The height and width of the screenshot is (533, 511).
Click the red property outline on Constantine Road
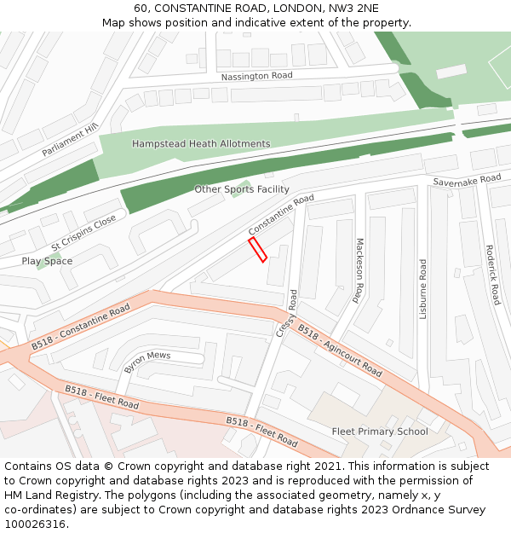click(x=257, y=250)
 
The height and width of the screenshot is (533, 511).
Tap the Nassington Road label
click(x=256, y=76)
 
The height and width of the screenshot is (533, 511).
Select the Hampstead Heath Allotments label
click(x=201, y=144)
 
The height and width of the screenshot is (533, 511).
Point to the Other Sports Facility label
click(x=242, y=189)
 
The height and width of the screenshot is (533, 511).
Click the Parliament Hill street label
click(x=71, y=140)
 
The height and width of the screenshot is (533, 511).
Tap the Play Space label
click(x=47, y=261)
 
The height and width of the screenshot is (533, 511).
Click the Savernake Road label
click(x=467, y=180)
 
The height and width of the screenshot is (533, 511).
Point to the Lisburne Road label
click(x=423, y=289)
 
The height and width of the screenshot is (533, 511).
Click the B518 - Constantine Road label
click(x=81, y=327)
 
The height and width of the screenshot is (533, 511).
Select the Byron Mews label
click(x=147, y=362)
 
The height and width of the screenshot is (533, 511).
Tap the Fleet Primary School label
click(x=380, y=432)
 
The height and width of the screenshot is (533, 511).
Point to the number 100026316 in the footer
click(x=36, y=524)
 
